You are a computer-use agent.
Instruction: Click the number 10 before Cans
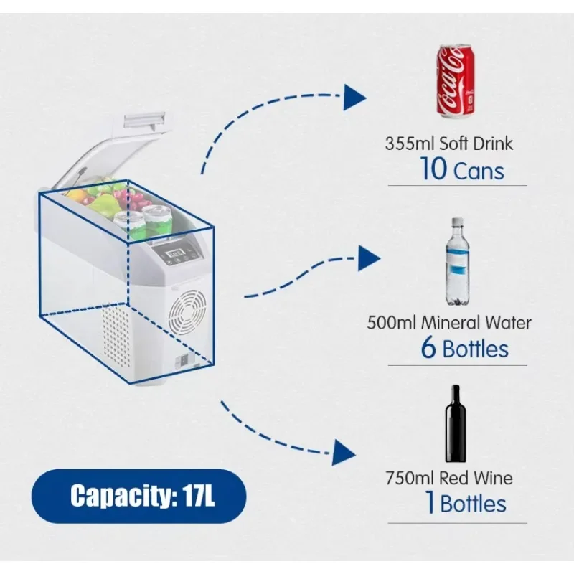pos(433,171)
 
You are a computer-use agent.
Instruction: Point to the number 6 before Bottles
pos(428,349)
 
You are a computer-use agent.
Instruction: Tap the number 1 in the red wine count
pos(430,503)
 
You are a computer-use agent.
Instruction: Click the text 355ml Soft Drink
pos(449,143)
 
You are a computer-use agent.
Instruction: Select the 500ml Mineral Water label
pos(449,322)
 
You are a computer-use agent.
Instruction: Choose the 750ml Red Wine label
pos(449,478)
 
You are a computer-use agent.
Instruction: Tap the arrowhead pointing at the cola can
pos(354,97)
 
